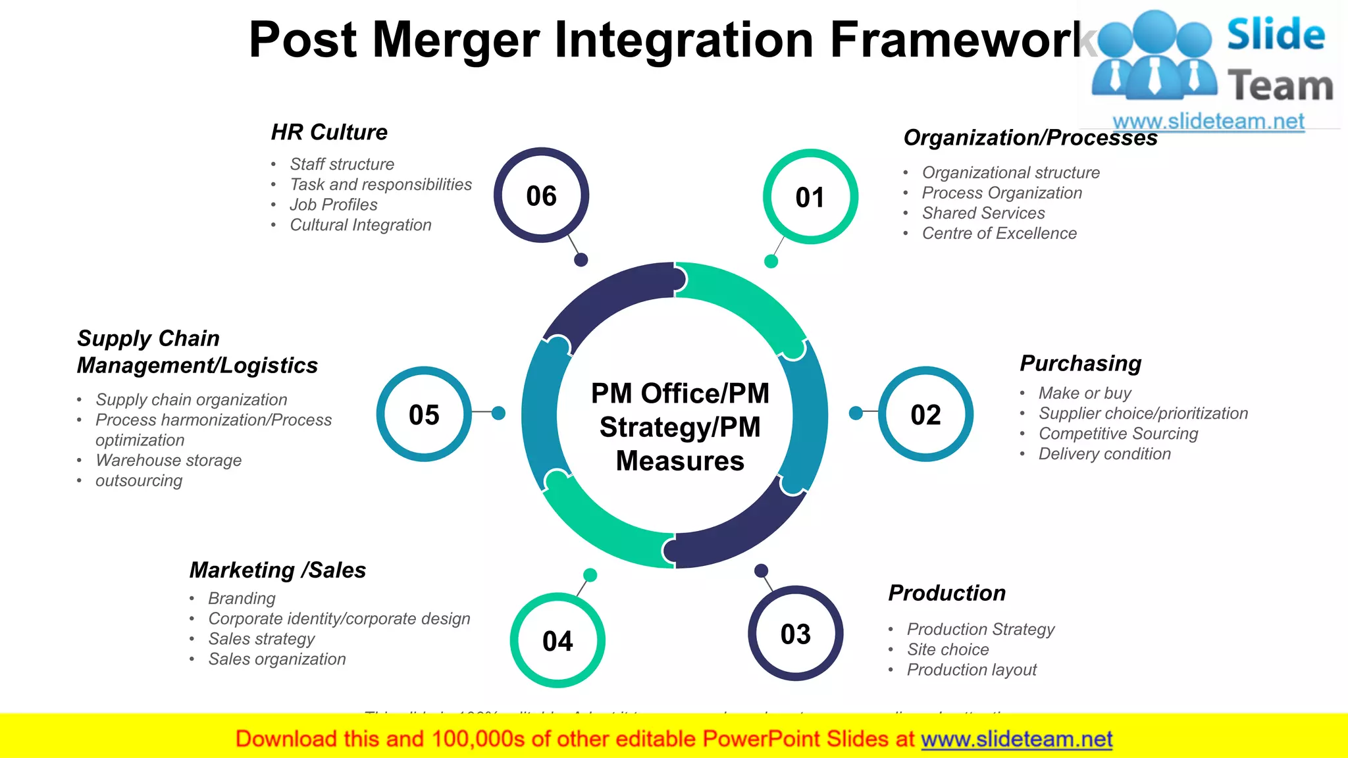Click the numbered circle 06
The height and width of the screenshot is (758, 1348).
click(x=541, y=195)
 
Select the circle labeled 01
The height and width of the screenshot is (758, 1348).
click(x=810, y=197)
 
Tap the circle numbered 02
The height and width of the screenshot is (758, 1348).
click(x=925, y=415)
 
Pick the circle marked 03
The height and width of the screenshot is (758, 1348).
click(x=795, y=634)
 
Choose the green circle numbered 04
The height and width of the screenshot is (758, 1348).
click(x=557, y=640)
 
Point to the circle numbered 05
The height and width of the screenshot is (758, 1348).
click(x=424, y=415)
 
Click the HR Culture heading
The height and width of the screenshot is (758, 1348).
click(x=329, y=132)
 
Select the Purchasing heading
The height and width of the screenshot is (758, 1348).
click(x=1080, y=363)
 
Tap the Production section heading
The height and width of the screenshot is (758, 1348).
click(x=946, y=593)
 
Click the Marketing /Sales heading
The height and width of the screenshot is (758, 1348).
click(x=277, y=570)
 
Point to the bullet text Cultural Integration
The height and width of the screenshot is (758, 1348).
click(x=360, y=225)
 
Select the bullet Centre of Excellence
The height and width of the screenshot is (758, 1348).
click(x=998, y=234)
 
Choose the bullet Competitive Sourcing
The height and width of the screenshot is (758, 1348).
click(x=1118, y=434)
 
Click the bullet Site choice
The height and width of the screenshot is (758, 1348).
click(x=947, y=649)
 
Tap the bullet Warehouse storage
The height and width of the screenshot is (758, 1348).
click(x=168, y=461)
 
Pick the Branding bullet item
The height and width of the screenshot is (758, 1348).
click(x=242, y=598)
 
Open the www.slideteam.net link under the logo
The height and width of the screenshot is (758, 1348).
click(x=1208, y=122)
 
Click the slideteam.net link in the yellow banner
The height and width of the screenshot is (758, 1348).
click(x=1016, y=740)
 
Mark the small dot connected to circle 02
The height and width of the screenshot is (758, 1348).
click(x=856, y=413)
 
